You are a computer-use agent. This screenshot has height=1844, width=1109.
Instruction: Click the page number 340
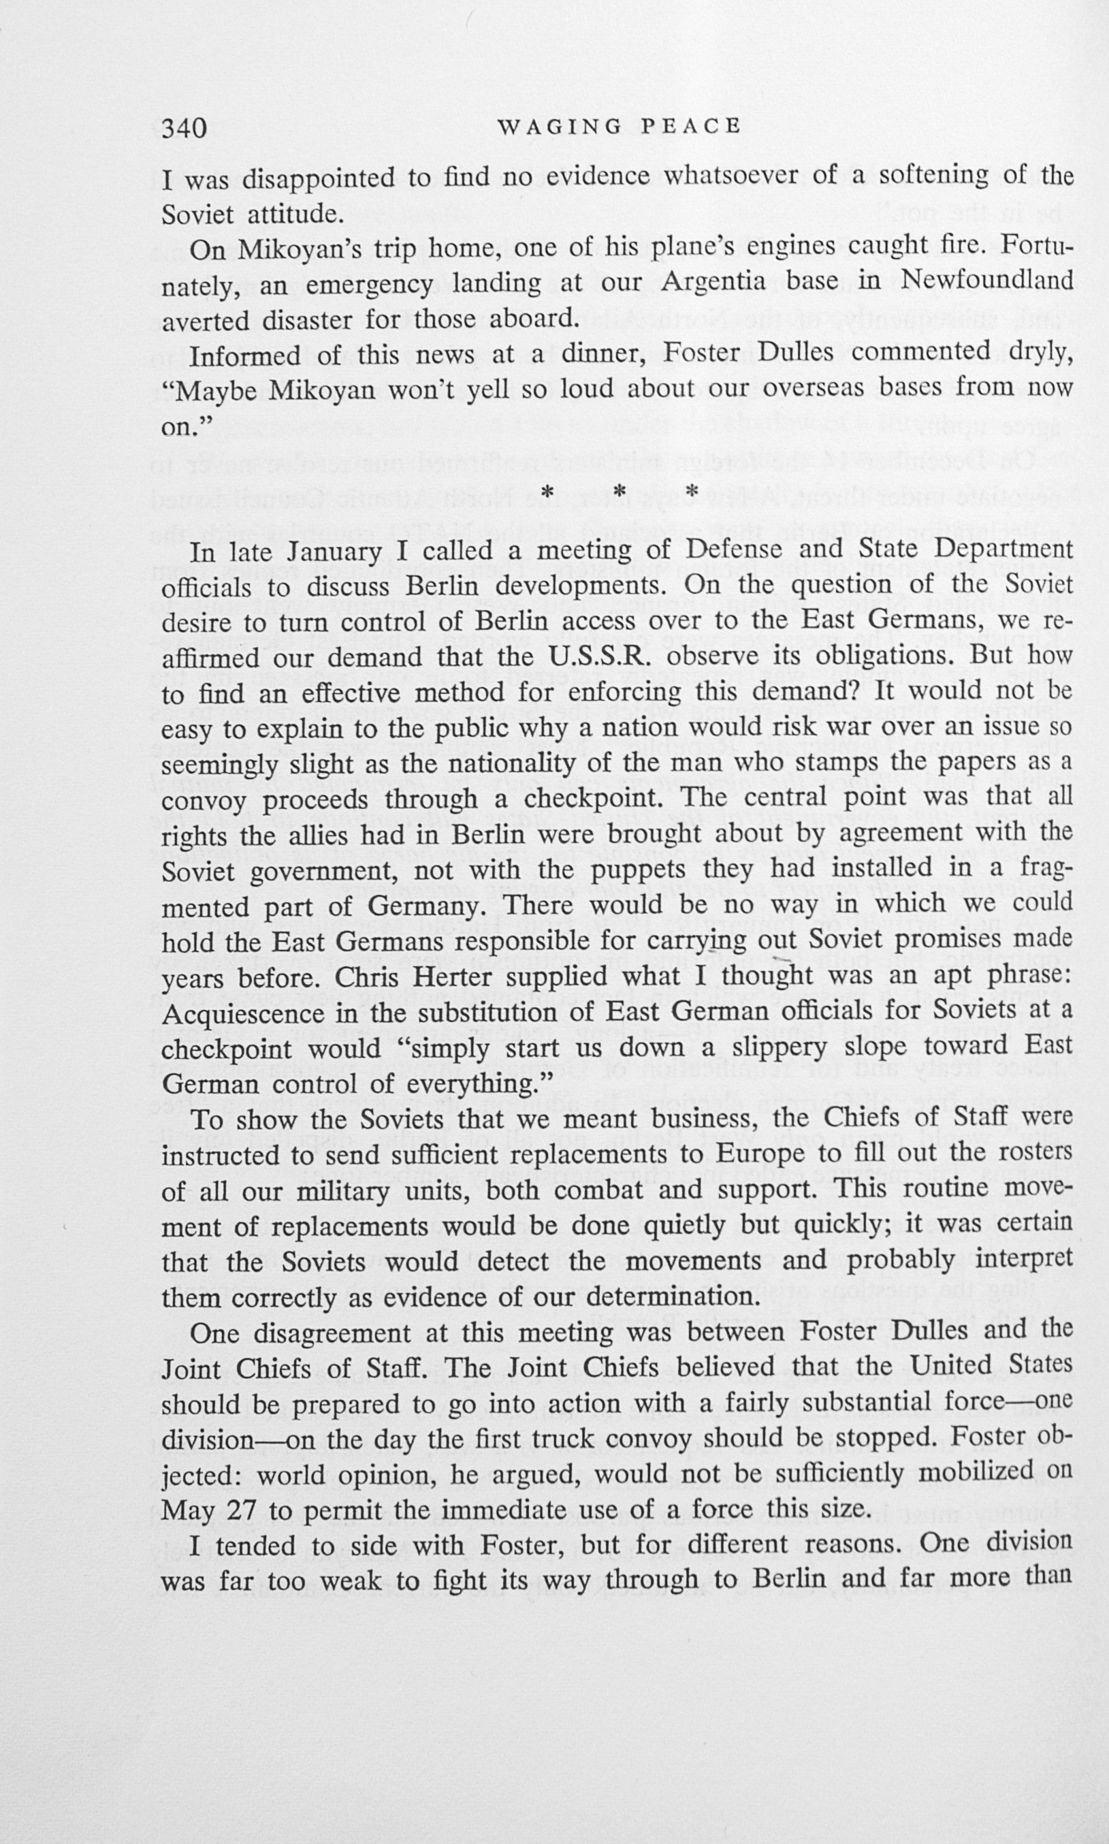(x=184, y=129)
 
